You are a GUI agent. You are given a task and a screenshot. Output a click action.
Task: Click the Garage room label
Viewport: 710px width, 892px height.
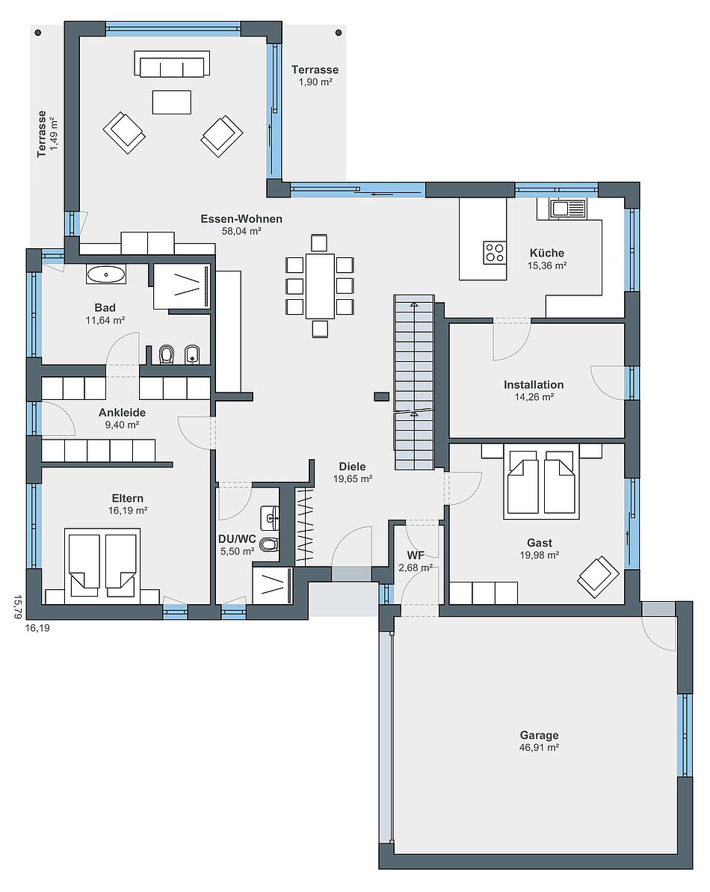pos(539,735)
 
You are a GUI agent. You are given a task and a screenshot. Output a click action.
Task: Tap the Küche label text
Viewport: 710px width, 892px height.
pos(547,253)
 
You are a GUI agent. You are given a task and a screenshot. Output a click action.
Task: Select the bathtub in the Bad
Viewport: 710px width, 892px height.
pos(105,274)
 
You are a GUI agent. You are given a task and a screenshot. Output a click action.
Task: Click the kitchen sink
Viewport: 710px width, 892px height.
pos(567,208)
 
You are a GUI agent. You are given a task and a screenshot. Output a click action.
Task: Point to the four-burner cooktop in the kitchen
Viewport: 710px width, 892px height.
pos(494,252)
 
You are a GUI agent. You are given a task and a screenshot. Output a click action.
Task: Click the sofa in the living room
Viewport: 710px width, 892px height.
pos(172,64)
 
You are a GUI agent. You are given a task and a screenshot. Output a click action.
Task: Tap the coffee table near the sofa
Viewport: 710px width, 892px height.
pos(172,102)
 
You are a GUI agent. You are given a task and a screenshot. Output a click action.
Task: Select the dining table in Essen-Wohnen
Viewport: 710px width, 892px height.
pos(319,286)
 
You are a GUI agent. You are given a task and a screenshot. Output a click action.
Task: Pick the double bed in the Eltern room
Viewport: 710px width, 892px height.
pos(102,565)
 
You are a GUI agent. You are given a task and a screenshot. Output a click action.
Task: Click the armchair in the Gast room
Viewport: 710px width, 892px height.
pos(598,576)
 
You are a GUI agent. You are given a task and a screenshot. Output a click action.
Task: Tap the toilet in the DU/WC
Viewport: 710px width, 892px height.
pos(270,545)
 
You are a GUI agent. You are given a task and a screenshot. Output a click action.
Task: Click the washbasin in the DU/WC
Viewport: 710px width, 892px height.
pos(270,517)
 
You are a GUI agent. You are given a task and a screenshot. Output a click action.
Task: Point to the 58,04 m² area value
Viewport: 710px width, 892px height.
pos(241,231)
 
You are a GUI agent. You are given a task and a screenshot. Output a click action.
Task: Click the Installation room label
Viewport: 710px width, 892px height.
pos(534,384)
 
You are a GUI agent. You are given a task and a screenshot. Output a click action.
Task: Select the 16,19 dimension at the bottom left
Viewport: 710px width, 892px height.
pos(37,628)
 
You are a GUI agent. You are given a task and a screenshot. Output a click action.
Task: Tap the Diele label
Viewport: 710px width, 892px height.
pos(353,467)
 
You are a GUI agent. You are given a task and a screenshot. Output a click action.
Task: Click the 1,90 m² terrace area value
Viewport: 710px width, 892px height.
pos(315,82)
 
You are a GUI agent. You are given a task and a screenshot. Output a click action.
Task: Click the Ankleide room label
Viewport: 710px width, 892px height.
pos(123,413)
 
